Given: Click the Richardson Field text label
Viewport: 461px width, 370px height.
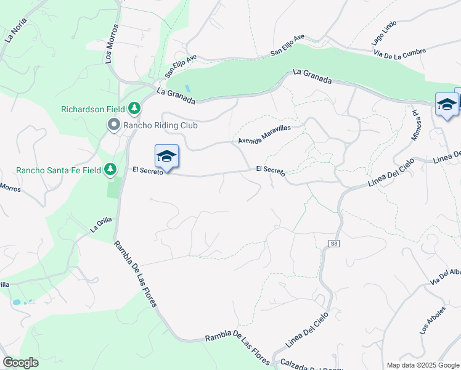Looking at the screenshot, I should coord(93,110).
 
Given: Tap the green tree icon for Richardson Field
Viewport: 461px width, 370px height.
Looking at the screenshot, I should coord(134,109).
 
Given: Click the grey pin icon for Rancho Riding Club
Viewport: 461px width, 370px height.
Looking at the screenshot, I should coord(113,125).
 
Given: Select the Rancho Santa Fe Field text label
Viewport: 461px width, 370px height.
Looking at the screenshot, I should coord(59,170).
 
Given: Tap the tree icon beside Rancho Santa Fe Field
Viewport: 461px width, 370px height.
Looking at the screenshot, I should coord(110,169).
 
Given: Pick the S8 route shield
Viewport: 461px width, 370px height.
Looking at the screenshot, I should coord(334,244).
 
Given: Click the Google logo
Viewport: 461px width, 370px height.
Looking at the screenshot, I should coord(21,363).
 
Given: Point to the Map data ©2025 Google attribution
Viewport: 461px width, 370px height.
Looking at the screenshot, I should coord(423,365).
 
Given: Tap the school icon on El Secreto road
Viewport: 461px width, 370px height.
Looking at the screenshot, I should coord(166,157).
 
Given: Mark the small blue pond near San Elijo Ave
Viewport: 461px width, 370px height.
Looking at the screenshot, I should coord(187,88).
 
